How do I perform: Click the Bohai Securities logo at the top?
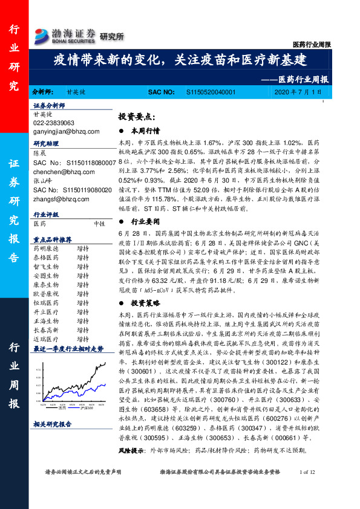coord(65,34)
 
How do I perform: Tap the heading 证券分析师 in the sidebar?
coord(49,105)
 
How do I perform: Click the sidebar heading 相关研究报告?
coord(53,424)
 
